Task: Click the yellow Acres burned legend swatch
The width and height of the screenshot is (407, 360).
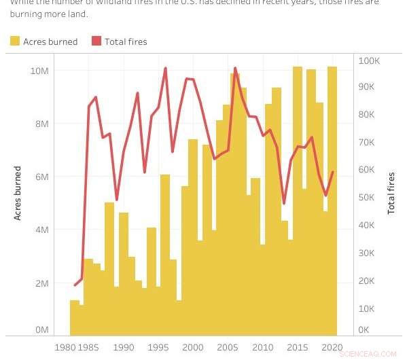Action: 14,41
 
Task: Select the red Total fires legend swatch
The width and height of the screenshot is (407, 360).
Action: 96,41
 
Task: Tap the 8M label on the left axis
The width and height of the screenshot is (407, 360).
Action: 42,124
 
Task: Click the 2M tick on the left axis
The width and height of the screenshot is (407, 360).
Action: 42,283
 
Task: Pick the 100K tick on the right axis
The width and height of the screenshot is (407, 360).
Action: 370,60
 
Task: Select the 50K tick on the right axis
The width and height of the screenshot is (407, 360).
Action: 368,198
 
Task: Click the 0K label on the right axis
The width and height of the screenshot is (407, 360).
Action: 365,329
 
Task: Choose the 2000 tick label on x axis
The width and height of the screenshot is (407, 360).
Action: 193,348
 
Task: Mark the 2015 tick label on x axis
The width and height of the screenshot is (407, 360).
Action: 298,348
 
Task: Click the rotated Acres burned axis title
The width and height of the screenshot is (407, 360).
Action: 18,193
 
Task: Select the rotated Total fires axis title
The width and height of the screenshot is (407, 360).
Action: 391,193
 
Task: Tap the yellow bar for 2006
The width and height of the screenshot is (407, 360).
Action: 235,204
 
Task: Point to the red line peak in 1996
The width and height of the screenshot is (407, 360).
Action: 165,68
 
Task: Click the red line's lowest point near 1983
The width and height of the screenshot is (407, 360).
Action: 75,285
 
